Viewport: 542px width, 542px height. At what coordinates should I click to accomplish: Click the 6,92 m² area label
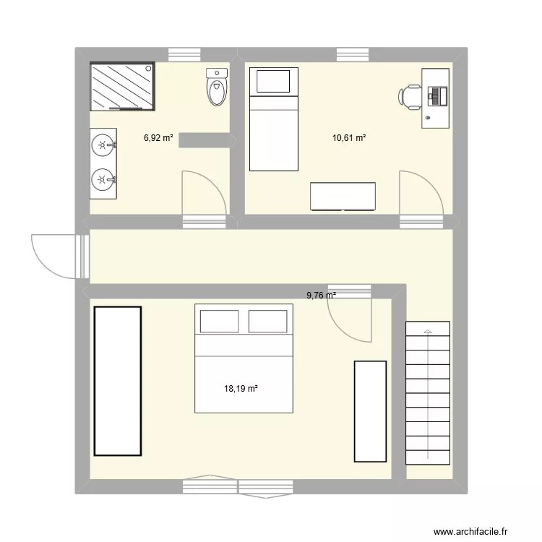[158, 137]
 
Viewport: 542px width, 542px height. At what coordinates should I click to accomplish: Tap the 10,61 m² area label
[348, 137]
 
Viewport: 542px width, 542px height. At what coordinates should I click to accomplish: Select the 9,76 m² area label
[322, 295]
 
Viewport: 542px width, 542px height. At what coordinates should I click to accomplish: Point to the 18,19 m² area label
[241, 389]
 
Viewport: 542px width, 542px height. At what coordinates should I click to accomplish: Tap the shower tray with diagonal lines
[121, 86]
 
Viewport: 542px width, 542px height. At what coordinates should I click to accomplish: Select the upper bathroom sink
[103, 145]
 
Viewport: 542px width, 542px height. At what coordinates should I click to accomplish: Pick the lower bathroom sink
[103, 178]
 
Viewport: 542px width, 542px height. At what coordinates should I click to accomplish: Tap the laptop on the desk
[437, 95]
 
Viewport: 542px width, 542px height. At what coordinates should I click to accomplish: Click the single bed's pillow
[273, 81]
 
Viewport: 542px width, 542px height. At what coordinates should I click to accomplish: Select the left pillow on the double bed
[219, 321]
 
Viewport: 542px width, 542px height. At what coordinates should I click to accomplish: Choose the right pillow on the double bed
[269, 321]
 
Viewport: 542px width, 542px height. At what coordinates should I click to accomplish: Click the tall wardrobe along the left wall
[117, 381]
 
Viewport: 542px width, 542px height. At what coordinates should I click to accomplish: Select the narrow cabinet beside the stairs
[370, 410]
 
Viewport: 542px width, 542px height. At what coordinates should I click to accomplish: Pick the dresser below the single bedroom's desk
[343, 197]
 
